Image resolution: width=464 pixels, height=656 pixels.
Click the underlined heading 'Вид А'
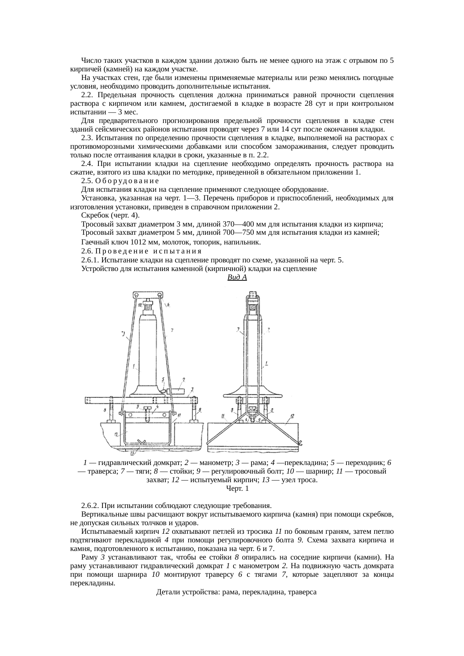[237, 277]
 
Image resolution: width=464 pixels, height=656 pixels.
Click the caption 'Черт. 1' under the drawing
[237, 488]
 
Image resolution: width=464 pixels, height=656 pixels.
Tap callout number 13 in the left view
[133, 453]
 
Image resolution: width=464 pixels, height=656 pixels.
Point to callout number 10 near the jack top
[140, 305]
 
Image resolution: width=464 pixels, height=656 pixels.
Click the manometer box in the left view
[178, 391]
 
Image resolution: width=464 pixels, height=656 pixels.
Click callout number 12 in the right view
[292, 415]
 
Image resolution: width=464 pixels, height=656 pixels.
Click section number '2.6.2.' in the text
[90, 506]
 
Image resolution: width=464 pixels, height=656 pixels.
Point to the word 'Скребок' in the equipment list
[93, 215]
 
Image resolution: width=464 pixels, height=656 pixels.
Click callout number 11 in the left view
[180, 415]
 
